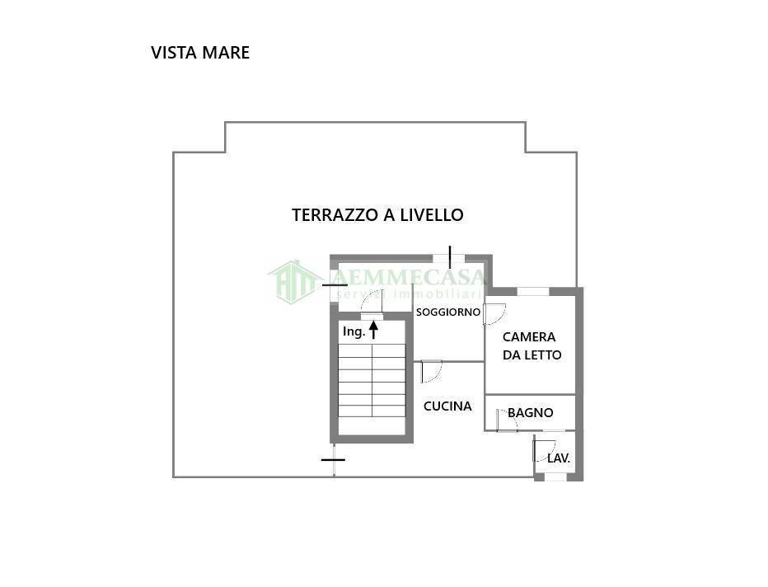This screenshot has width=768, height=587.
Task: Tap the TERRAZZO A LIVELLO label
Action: coord(377,215)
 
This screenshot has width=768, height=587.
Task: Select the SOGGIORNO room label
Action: coord(447,312)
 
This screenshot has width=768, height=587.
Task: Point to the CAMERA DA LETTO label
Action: coord(532,346)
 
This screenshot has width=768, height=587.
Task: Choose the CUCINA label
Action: coord(447,406)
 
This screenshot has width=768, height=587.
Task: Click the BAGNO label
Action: coord(530,413)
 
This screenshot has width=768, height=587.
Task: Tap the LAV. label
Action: coord(559,458)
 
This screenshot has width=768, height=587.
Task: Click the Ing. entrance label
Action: coord(354,331)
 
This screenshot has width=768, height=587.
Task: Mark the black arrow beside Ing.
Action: coord(373,330)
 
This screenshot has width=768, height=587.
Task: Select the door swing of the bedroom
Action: coord(494,314)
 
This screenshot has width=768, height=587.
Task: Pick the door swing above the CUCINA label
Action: coord(431,371)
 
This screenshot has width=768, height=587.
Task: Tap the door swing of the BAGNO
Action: coord(506,420)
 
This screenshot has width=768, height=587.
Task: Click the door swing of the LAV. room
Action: coord(543,451)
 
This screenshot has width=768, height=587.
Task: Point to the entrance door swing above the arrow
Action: coord(372,302)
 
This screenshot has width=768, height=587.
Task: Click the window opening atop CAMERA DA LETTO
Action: coord(532,291)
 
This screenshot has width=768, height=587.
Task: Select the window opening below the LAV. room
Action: coord(556,477)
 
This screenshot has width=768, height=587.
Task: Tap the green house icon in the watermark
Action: coord(293,281)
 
